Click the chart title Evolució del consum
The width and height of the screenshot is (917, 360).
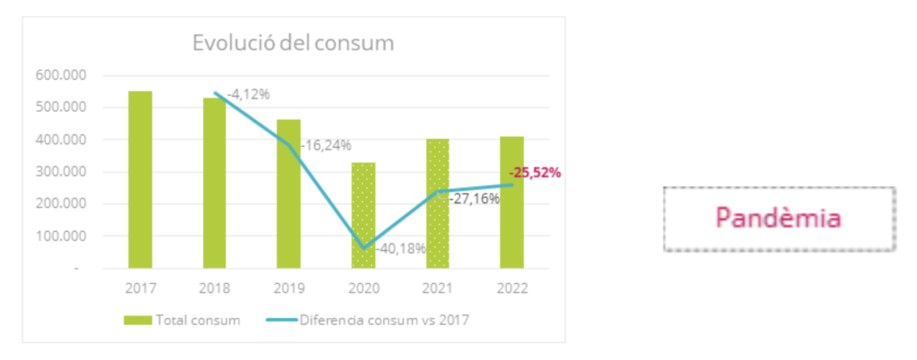(294, 43)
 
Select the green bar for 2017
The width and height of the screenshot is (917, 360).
(140, 179)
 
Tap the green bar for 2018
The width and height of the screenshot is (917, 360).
(214, 183)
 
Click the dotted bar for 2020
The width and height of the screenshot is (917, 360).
(363, 215)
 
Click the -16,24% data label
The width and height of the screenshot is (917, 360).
(326, 145)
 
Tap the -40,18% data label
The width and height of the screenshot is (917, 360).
(400, 248)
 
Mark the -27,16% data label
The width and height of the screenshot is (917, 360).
(475, 198)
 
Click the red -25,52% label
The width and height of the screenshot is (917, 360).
(535, 173)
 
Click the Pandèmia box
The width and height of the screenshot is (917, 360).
(778, 219)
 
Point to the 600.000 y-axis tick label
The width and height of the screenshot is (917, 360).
(56, 75)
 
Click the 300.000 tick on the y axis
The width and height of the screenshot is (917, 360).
(56, 172)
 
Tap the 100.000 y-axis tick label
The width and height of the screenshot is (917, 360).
(56, 236)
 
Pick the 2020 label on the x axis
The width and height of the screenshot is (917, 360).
(363, 288)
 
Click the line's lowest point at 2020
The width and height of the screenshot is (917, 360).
(364, 248)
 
